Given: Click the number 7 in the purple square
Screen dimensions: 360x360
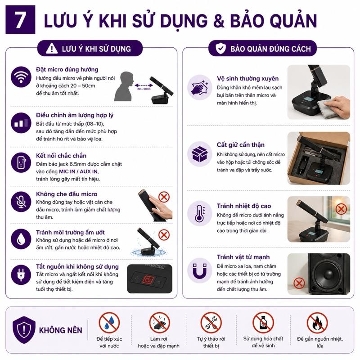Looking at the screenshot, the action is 20,20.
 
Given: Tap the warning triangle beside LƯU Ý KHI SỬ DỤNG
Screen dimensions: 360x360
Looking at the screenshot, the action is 52,49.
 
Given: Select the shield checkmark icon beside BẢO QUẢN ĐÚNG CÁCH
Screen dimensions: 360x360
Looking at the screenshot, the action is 220,48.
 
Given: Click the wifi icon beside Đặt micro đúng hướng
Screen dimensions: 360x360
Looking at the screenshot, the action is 21,77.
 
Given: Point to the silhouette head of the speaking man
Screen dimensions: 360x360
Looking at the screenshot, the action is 127,80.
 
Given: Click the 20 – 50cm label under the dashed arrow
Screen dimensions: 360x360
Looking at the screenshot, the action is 144,89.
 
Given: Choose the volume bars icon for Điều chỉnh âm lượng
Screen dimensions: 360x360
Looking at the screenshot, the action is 21,123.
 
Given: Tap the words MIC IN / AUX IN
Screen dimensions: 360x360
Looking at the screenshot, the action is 78,171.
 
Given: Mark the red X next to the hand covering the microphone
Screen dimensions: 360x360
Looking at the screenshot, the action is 164,197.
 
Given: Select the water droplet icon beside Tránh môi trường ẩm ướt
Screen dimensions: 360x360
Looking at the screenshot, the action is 21,239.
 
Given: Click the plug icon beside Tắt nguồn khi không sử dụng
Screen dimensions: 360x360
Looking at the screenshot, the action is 21,275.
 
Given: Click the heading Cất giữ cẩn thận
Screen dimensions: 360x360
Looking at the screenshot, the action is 241,145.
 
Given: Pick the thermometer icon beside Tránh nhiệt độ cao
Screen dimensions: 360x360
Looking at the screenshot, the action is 199,213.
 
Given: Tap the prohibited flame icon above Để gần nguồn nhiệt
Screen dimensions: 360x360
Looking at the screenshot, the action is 317,322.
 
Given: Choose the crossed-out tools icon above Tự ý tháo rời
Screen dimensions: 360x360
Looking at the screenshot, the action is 211,322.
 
